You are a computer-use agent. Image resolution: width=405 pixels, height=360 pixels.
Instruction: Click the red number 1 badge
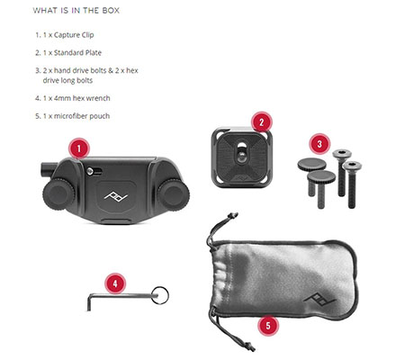coord(79,148)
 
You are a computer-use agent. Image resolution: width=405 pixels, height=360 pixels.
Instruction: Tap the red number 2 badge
coord(261,122)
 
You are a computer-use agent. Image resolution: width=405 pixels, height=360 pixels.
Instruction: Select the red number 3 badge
coord(319,144)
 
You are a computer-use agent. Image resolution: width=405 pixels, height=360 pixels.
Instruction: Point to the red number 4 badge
coord(115,283)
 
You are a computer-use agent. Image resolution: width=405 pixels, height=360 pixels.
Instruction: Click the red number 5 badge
coord(268,325)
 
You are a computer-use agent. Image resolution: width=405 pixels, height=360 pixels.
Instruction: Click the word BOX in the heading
coord(111,11)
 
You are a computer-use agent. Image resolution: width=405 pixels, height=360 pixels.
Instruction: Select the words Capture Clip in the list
coord(74,35)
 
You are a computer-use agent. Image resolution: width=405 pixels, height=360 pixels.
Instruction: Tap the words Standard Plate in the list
coord(77,53)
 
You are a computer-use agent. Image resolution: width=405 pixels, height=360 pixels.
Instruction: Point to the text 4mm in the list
coord(62,98)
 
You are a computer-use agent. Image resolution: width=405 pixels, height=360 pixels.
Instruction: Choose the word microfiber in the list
coord(68,116)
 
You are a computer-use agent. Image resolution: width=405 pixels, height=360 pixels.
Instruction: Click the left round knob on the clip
coord(58,193)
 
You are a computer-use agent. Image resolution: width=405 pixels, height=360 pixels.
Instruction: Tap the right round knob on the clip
coord(174,193)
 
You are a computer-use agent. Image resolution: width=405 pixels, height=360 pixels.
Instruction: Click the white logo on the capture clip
coord(116,196)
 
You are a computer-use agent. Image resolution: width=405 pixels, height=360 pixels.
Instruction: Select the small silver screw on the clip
coord(90,171)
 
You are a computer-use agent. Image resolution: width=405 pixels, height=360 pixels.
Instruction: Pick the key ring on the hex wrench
coord(160,295)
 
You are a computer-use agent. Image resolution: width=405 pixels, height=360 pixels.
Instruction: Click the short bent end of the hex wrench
coord(89,303)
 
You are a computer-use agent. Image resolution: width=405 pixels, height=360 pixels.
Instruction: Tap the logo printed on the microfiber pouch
coord(319,299)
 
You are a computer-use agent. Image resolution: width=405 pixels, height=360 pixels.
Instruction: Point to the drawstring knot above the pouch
coord(233,215)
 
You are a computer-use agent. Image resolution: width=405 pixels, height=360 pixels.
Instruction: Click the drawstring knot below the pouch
coord(249,346)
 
